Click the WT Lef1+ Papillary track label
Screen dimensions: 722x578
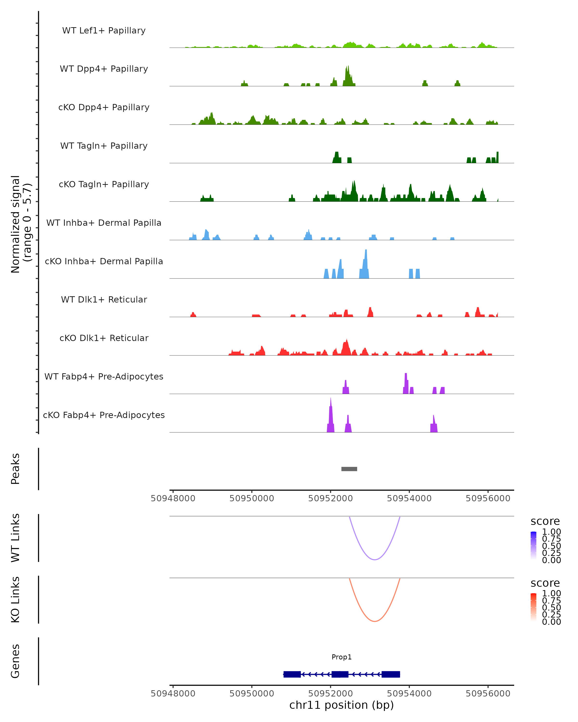click(x=104, y=31)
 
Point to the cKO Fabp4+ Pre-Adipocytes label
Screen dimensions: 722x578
click(x=104, y=415)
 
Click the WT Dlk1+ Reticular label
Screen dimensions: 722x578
click(x=104, y=299)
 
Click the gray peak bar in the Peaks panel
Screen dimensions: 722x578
click(x=349, y=469)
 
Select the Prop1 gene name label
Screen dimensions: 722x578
click(x=342, y=657)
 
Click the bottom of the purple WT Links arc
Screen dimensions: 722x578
click(x=374, y=559)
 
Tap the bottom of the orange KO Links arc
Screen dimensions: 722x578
click(x=374, y=621)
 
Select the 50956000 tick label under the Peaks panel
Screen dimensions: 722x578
click(x=488, y=498)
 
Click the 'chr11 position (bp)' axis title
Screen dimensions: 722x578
click(x=342, y=705)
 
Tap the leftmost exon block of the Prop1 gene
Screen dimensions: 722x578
click(x=292, y=674)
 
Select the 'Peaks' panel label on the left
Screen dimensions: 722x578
click(x=15, y=469)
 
